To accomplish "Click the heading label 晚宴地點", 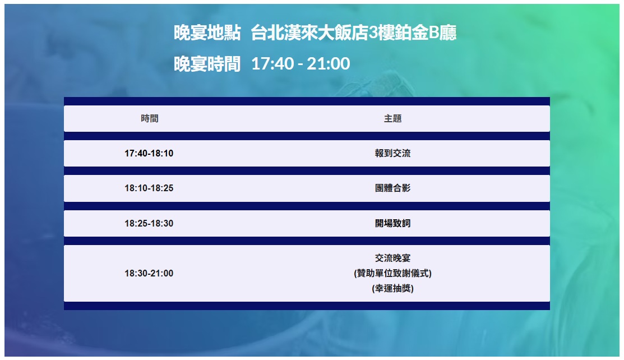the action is [207, 33].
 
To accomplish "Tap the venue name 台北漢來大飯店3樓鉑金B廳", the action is [353, 33].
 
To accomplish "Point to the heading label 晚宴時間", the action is [207, 64].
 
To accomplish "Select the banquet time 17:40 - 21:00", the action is [301, 64].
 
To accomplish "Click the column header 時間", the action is [150, 119].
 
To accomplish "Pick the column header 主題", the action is [393, 119].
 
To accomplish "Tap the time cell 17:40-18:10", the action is [149, 153].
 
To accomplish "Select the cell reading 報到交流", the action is [393, 153].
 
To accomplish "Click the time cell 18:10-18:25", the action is [149, 188].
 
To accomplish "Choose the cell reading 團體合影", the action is [393, 188].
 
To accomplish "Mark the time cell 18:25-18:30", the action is [149, 223].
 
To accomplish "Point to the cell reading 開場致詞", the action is [393, 223].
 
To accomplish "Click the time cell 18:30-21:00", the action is [149, 273].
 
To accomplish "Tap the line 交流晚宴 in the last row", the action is [393, 258].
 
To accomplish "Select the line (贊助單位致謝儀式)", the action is [393, 273].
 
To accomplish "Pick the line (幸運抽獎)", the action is [393, 288].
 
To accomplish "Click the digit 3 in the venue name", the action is [373, 33].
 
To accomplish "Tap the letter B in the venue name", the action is [434, 33].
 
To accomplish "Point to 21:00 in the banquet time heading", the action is [329, 64].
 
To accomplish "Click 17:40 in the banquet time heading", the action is [272, 64].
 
